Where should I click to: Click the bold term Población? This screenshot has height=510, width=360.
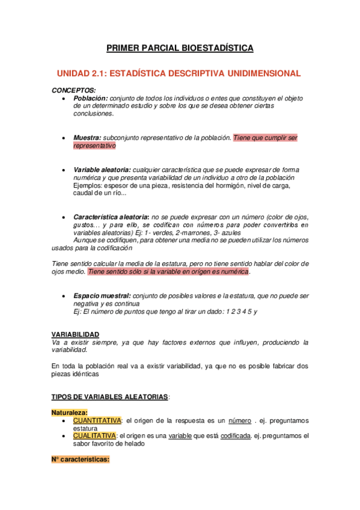(91, 98)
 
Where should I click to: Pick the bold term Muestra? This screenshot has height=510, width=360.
(87, 138)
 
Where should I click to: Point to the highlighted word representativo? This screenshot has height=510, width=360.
(94, 146)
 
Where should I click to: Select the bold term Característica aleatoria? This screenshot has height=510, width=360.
(111, 217)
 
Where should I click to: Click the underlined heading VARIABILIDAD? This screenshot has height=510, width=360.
(76, 334)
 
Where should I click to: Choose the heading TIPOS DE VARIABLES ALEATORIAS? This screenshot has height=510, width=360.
(111, 398)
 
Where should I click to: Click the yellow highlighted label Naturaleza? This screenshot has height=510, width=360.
(70, 413)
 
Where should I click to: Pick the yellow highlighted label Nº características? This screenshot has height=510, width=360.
(81, 459)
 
